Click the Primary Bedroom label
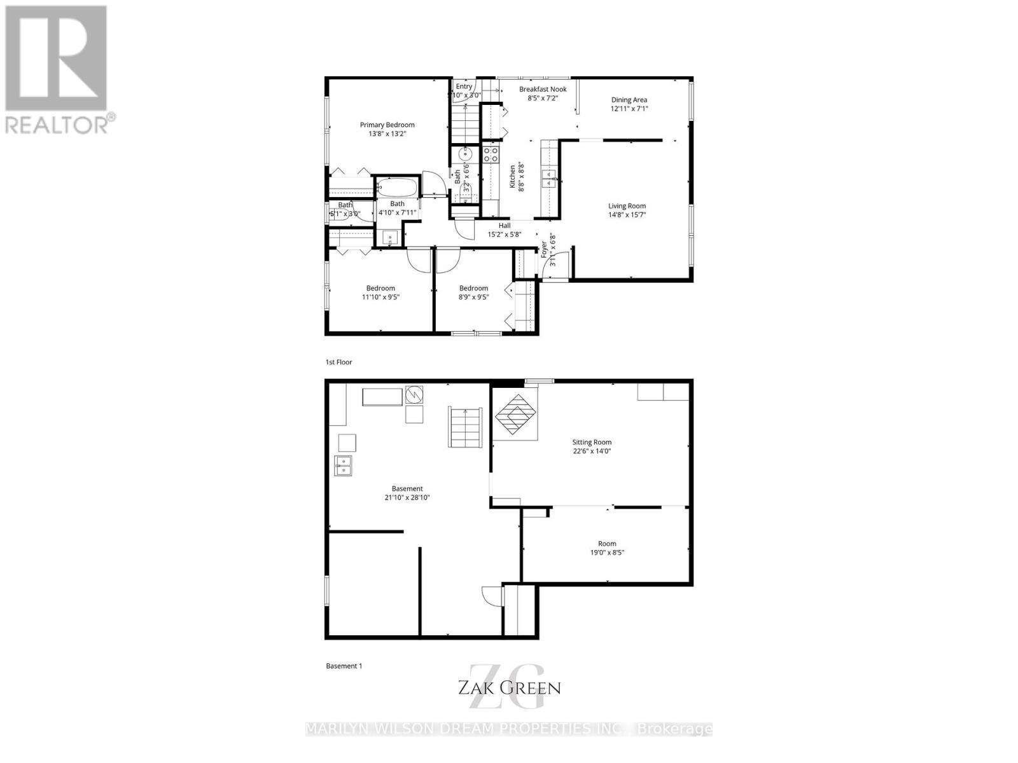point(387,125)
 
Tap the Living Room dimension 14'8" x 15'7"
point(627,215)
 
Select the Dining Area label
point(629,100)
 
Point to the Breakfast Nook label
point(543,90)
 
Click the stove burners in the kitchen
point(490,154)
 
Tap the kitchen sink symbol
point(548,179)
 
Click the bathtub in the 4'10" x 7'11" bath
point(396,188)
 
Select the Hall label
point(505,225)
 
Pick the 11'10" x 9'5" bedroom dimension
point(380,297)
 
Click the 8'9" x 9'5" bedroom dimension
point(473,297)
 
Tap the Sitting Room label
point(592,443)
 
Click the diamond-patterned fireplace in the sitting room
point(516,415)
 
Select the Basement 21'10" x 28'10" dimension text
point(407,498)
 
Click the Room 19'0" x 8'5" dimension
point(607,553)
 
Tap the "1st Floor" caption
point(338,362)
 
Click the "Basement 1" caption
point(344,666)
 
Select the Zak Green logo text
point(509,687)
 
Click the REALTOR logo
point(57,70)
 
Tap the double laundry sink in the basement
point(344,465)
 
